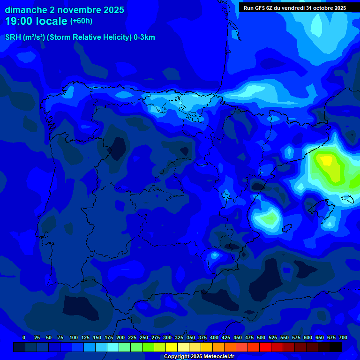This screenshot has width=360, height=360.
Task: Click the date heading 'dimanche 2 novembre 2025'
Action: click(64, 10)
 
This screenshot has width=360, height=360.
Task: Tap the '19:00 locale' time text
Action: click(36, 21)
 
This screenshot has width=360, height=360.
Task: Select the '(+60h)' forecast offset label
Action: click(81, 21)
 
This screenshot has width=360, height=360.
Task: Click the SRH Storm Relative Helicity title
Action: click(80, 37)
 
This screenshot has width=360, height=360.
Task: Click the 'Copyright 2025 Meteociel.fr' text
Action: click(199, 357)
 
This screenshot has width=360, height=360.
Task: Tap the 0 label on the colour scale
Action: click(24, 337)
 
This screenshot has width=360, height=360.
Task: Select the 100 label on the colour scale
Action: click(74, 337)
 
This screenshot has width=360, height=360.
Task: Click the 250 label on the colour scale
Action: click(144, 337)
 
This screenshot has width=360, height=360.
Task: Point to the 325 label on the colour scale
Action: click(179, 337)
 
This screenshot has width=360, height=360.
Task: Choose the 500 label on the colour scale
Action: click(261, 337)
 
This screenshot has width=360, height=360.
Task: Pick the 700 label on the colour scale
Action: click(343, 337)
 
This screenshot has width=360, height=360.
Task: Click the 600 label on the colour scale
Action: click(308, 337)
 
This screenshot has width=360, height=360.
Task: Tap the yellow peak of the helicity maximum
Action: click(326, 161)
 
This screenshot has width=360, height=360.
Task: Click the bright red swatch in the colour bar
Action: click(265, 347)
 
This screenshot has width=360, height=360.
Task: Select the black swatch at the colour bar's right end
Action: click(336, 347)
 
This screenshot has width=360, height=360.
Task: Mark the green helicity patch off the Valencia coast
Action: click(269, 218)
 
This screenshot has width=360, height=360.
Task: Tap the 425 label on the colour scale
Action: click(226, 337)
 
